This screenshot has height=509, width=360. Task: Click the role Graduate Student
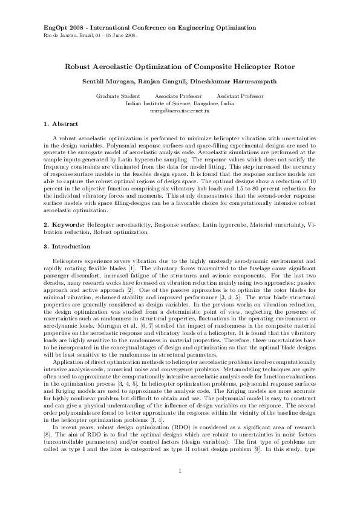tap(118, 97)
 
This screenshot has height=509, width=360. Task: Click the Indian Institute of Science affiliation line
tap(180, 104)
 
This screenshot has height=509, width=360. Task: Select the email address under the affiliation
tap(180, 111)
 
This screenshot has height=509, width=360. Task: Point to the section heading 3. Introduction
tap(67, 247)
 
